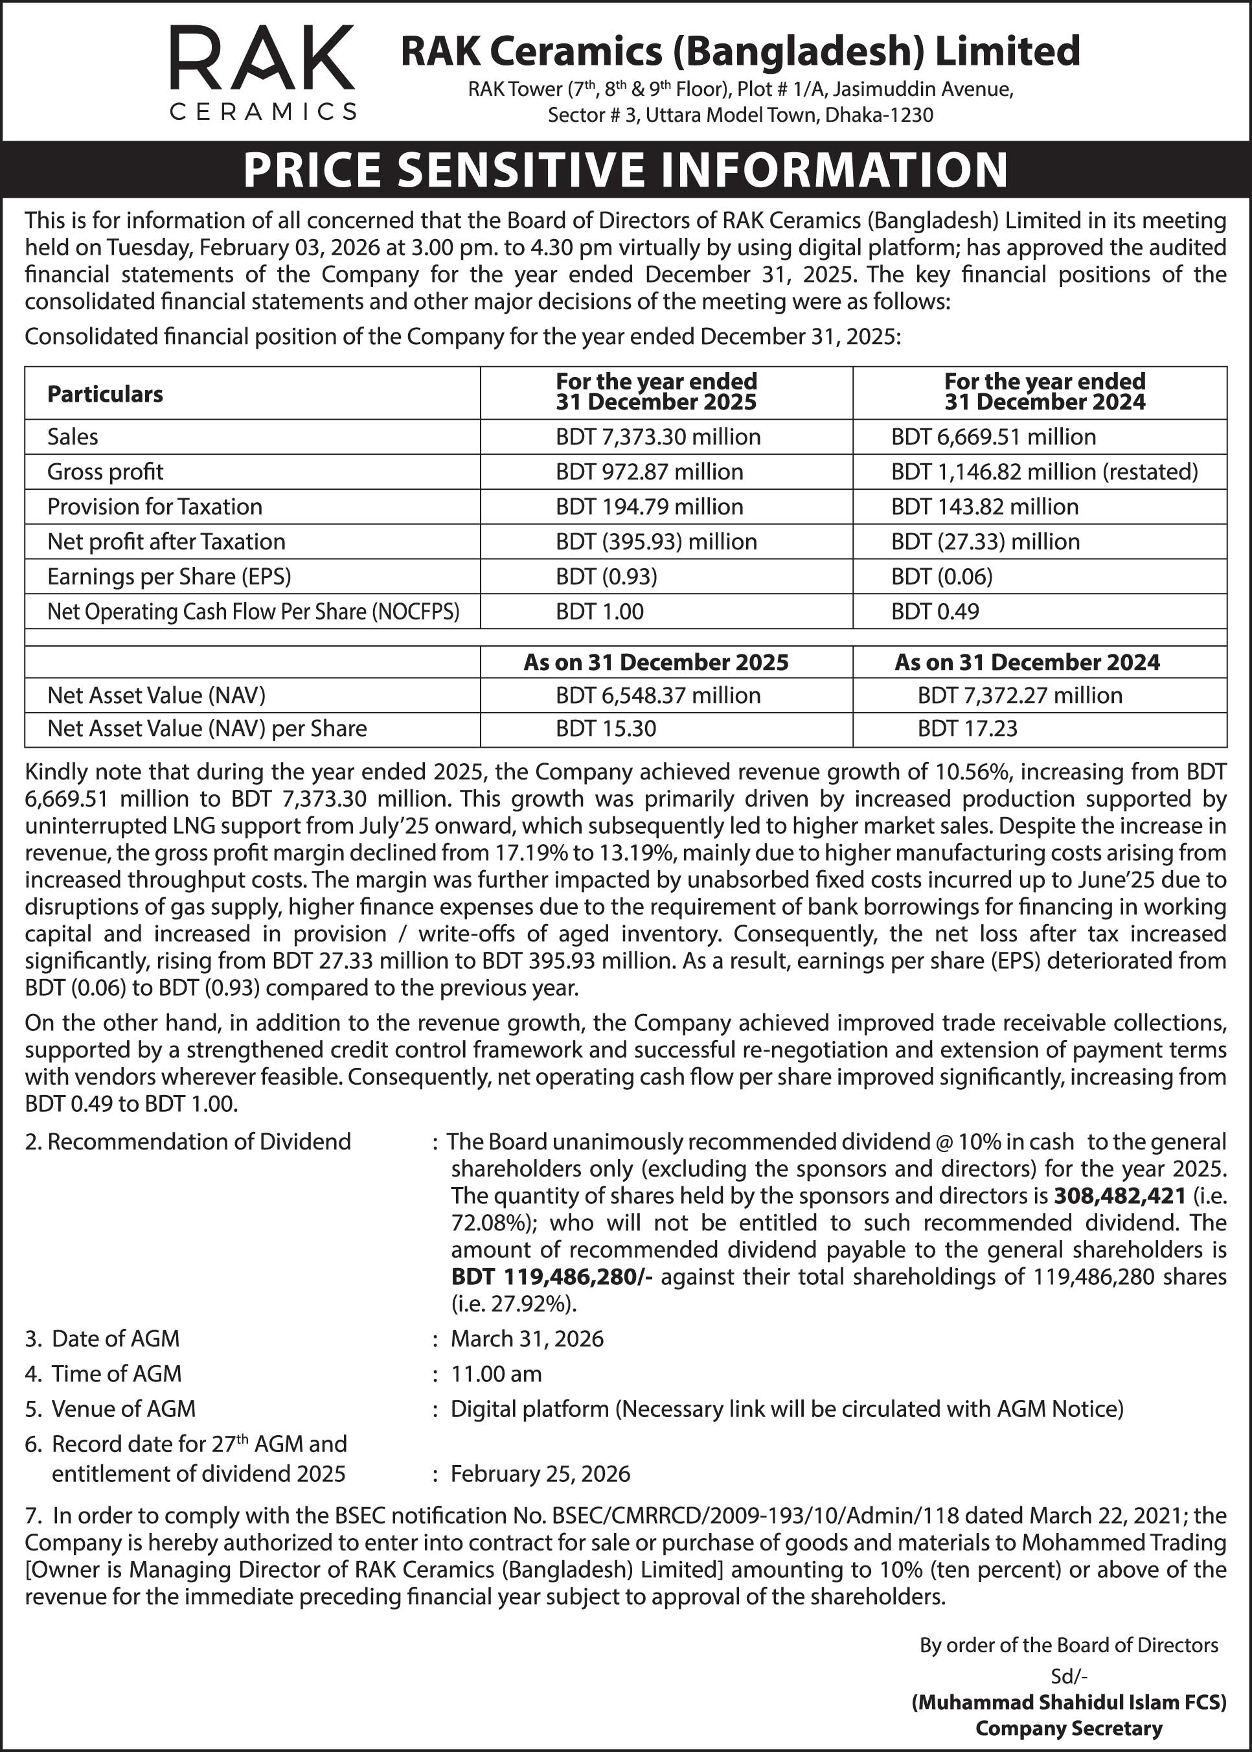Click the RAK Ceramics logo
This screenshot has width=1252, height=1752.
pos(262,73)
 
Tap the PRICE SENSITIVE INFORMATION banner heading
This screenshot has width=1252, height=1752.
pos(625,170)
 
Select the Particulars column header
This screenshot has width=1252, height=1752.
pos(105,394)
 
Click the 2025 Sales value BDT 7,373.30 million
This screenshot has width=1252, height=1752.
pos(657,437)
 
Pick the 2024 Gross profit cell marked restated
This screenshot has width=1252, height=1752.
pos(1044,471)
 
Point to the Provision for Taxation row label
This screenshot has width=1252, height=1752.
pos(154,507)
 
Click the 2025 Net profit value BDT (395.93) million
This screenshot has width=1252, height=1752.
pos(656,541)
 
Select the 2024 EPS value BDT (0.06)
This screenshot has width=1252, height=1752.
pos(941,576)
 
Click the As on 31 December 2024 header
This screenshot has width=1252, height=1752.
pos(1026,662)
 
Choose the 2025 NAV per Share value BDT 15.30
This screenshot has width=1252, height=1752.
pos(606,728)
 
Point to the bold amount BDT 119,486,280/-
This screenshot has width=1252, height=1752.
pos(551,1276)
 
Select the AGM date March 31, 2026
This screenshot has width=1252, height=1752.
pos(527,1338)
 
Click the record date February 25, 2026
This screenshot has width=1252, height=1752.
pos(540,1473)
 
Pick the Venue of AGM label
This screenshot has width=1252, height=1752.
pos(123,1409)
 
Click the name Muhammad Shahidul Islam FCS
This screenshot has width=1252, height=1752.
pos(1069,1702)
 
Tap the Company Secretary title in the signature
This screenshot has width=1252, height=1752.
pos(1069,1728)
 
